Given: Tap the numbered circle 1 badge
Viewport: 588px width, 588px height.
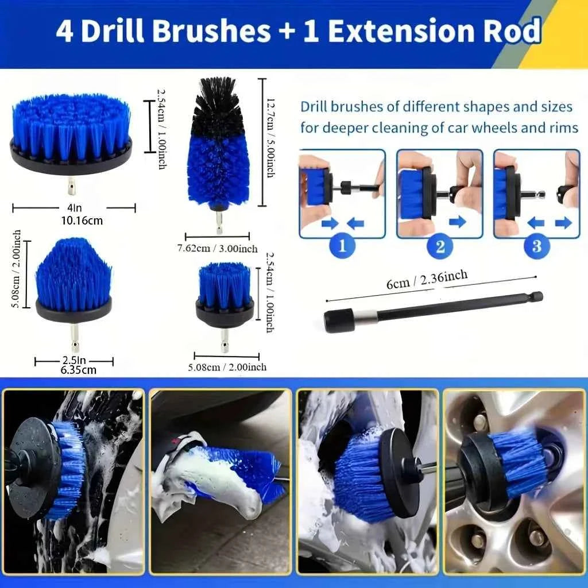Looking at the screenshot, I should tap(342, 246).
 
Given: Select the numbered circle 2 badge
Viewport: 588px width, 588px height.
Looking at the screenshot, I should tap(440, 246).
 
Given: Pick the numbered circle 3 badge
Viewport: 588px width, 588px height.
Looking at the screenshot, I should tap(536, 246).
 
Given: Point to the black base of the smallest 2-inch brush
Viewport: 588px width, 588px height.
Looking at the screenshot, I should tap(225, 315).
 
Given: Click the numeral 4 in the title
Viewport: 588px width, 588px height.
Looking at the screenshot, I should tap(65, 31).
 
